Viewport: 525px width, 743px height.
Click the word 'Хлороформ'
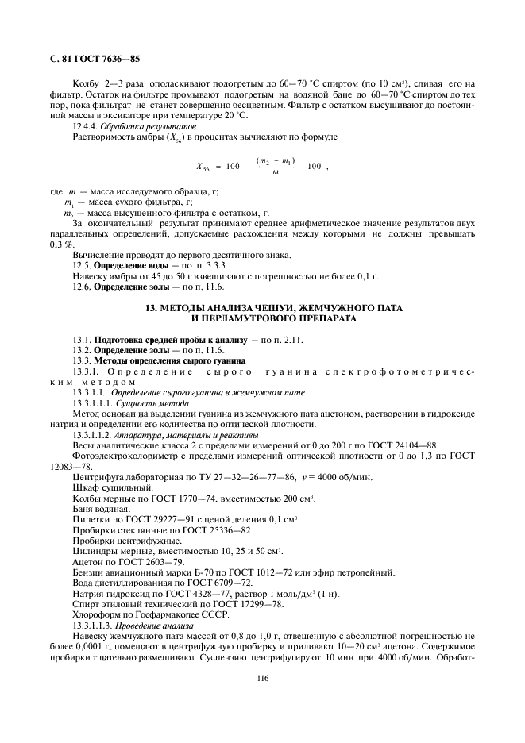[94, 614]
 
